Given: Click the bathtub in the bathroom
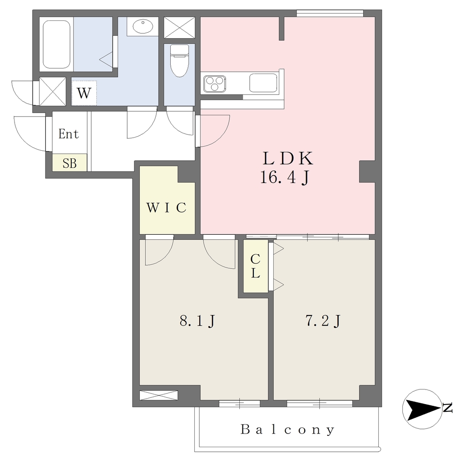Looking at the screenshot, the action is (x=56, y=44).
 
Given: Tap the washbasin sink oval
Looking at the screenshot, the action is (x=143, y=26).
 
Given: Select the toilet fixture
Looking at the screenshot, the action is (x=179, y=60).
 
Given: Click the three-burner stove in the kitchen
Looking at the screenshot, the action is (x=215, y=84).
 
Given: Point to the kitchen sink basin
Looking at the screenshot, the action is (x=263, y=83).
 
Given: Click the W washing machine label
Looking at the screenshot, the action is (x=84, y=94).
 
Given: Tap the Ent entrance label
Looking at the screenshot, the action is (x=69, y=134).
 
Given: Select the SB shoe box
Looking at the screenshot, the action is (x=69, y=163).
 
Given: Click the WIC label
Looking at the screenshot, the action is (x=166, y=208).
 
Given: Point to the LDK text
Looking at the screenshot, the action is (x=287, y=158).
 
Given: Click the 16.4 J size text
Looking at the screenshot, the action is (x=285, y=178).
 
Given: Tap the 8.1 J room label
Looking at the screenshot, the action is (x=197, y=321).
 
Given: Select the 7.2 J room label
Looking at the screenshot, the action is (x=323, y=321).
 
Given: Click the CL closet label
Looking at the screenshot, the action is (x=255, y=266).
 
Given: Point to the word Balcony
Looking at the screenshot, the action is (x=287, y=429).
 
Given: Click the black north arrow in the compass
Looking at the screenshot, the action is (x=423, y=410).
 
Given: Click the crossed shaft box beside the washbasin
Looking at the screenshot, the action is (x=179, y=28).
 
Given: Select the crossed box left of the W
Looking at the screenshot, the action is (x=53, y=91).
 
